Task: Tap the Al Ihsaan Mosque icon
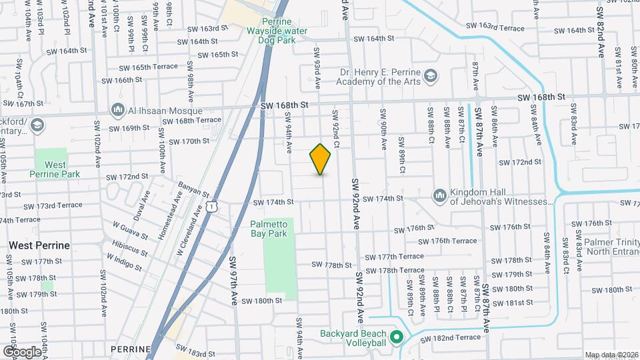pyautogui.click(x=119, y=109)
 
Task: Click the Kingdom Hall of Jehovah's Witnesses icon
pyautogui.click(x=439, y=195)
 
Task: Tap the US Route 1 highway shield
pyautogui.click(x=211, y=207)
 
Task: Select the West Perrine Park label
pyautogui.click(x=55, y=169)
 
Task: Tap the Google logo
pyautogui.click(x=21, y=351)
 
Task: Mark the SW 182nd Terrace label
pyautogui.click(x=452, y=337)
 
